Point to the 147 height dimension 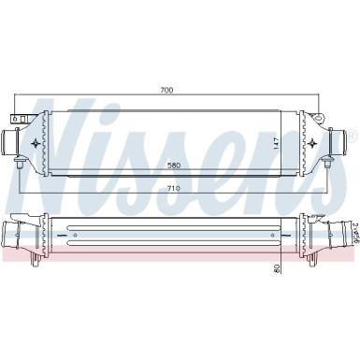coord(277,143)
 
